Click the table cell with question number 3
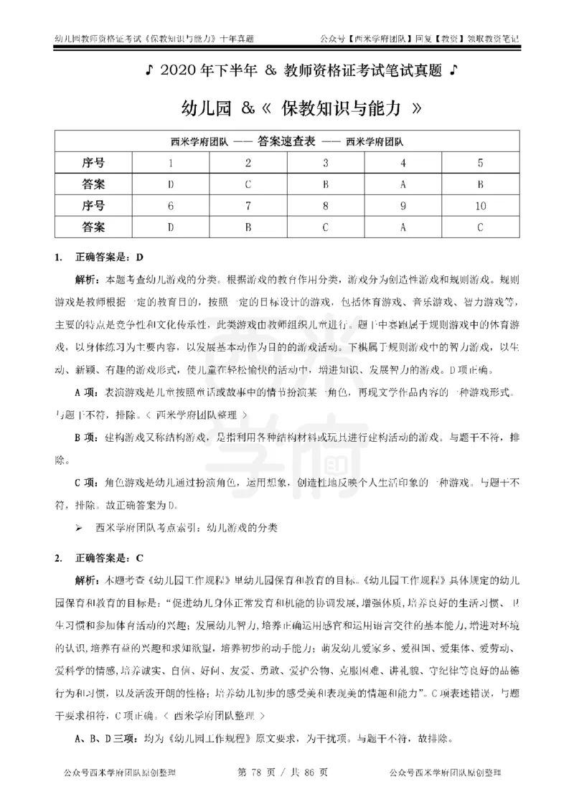(x=325, y=163)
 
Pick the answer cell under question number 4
(x=403, y=184)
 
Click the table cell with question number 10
(x=479, y=206)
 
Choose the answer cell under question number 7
(x=248, y=227)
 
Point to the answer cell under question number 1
(x=170, y=184)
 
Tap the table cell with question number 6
(x=170, y=206)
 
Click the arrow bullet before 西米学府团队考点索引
(x=80, y=527)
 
